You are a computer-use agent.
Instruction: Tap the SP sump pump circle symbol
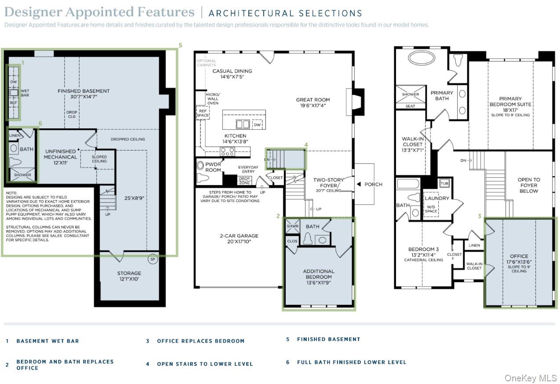pyautogui.click(x=153, y=259)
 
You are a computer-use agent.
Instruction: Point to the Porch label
pyautogui.click(x=373, y=185)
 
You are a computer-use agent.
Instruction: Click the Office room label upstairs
pyautogui.click(x=519, y=256)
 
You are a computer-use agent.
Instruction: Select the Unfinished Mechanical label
pyautogui.click(x=61, y=154)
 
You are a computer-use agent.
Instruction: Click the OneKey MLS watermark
pyautogui.click(x=531, y=378)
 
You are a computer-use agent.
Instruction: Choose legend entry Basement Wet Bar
pyautogui.click(x=47, y=341)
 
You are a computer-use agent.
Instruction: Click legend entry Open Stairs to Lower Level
pyautogui.click(x=205, y=364)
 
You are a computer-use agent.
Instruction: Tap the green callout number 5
pyautogui.click(x=180, y=45)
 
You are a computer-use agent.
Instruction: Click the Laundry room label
pyautogui.click(x=437, y=198)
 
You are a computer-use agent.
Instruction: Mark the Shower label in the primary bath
pyautogui.click(x=410, y=94)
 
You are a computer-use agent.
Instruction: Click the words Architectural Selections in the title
pyautogui.click(x=285, y=13)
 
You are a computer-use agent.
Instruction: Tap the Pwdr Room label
pyautogui.click(x=213, y=167)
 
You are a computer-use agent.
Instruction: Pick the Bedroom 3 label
pyautogui.click(x=420, y=249)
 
